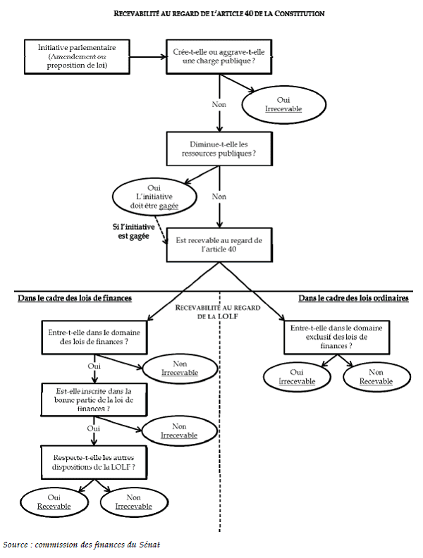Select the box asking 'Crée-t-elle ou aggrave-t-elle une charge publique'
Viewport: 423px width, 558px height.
pos(219,56)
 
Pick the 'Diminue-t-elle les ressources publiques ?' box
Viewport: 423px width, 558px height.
pos(219,146)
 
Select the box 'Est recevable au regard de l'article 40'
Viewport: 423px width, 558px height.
pos(219,244)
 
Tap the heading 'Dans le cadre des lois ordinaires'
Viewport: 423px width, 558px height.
pos(353,298)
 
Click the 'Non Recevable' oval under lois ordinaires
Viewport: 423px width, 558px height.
pos(376,376)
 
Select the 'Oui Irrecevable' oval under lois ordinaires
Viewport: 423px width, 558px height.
pos(296,376)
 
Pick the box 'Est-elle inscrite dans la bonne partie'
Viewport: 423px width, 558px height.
pos(93,399)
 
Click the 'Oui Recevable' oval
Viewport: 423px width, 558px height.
pos(54,501)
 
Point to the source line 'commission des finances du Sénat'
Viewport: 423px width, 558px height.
pos(86,544)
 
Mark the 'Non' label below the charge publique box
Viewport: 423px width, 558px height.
pos(219,104)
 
